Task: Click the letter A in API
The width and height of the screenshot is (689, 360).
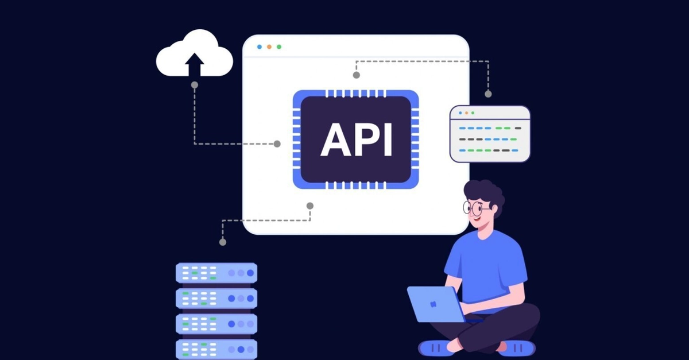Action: (x=335, y=140)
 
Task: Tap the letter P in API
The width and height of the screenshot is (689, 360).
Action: (x=368, y=140)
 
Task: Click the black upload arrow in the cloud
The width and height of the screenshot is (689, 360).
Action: (x=195, y=64)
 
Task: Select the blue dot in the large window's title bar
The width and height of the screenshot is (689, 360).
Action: (x=260, y=47)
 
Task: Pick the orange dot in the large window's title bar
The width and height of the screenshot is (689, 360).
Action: (x=269, y=47)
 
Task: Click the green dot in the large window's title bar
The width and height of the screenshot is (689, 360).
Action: (x=279, y=47)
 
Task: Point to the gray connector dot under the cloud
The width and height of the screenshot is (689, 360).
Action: (x=195, y=85)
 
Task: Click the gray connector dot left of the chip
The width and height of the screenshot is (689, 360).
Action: (x=277, y=144)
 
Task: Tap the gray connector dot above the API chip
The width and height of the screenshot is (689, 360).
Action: (x=356, y=75)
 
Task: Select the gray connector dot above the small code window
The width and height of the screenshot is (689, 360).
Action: (x=488, y=94)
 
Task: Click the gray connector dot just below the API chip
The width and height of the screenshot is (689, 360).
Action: (x=310, y=206)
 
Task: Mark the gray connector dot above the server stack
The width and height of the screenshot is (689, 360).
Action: (x=223, y=242)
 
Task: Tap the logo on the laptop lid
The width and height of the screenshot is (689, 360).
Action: (x=433, y=304)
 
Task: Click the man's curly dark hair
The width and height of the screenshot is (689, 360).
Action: (x=485, y=194)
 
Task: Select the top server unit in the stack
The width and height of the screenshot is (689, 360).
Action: (x=216, y=273)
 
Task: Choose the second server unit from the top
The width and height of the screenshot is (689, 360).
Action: (x=216, y=299)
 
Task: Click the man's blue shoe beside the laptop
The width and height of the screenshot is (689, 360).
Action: (x=433, y=349)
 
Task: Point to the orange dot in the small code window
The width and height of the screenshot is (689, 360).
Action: (x=467, y=113)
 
